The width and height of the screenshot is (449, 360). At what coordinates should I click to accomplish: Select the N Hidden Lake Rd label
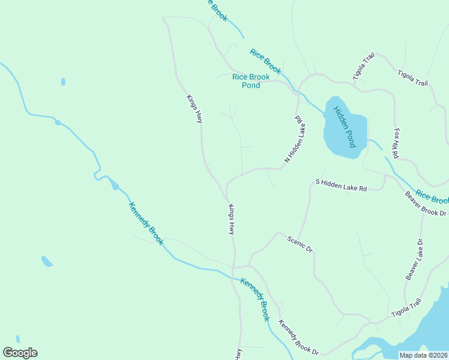(x=295, y=139)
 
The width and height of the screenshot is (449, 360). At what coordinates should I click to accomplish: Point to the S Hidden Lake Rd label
(x=341, y=185)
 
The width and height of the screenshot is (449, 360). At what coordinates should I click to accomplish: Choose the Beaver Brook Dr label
(x=425, y=204)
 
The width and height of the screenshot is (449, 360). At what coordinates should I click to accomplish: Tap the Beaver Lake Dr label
(x=414, y=259)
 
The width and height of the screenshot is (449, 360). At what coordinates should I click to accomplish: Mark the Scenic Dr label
(x=300, y=243)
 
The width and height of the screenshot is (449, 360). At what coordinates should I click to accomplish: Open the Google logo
(x=20, y=353)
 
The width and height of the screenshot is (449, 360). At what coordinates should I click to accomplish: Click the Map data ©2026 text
(x=423, y=355)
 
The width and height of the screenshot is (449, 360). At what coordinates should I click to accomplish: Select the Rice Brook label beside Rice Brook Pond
(x=265, y=62)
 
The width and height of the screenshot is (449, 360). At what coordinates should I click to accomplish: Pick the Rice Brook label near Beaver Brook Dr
(x=432, y=197)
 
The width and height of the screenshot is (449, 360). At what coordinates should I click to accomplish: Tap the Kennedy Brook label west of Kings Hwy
(x=145, y=223)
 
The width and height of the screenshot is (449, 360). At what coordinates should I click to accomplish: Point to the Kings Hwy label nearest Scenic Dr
(x=231, y=219)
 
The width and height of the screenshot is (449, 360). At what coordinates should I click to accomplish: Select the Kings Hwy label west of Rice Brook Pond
(x=194, y=109)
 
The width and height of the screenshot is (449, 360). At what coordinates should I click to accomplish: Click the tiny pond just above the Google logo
(x=18, y=339)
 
